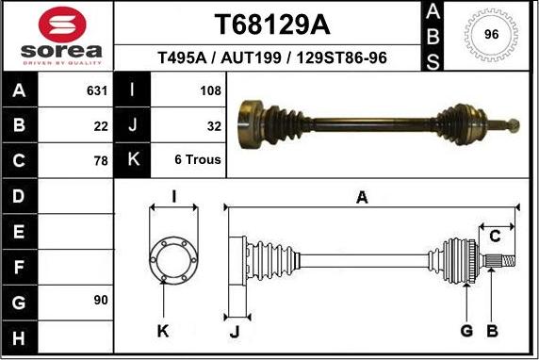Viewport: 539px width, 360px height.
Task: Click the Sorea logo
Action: pos(57,37)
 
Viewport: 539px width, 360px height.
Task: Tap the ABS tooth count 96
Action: pos(490,35)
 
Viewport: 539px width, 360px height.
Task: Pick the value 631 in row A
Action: pos(97,91)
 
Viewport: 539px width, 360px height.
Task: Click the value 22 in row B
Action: pos(101,125)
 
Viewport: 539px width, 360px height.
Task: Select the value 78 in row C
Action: pos(101,160)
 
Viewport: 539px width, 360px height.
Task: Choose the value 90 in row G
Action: pos(100,300)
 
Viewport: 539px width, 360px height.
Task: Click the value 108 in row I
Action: pos(210,91)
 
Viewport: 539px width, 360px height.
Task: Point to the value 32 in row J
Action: pos(213,125)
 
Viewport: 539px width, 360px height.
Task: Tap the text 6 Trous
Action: pos(198,160)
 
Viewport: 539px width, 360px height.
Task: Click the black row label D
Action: pos(19,196)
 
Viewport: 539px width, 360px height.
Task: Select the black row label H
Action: pos(19,336)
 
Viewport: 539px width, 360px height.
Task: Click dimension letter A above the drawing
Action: pos(361,197)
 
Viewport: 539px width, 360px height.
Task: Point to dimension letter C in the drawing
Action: pos(494,236)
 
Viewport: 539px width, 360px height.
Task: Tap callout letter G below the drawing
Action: pos(465,331)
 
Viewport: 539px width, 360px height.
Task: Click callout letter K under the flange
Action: pos(162,331)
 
